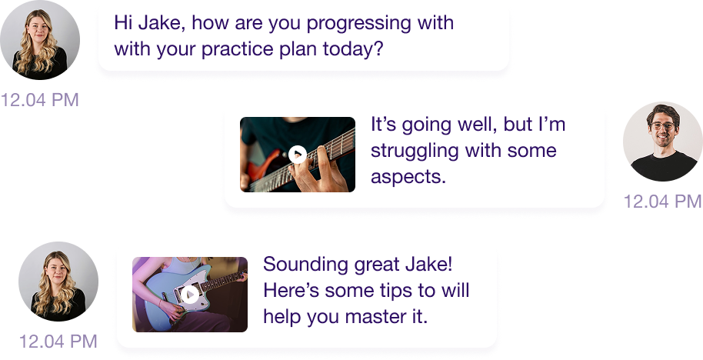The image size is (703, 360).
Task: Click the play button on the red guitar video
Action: [297, 155]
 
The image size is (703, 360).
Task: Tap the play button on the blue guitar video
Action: [190, 295]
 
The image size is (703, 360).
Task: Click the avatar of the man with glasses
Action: [663, 142]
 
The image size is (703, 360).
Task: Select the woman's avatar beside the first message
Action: [40, 40]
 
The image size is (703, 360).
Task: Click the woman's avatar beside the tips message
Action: [58, 282]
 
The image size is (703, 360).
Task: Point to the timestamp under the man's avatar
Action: [662, 202]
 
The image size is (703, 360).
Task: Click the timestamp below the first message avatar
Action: [40, 99]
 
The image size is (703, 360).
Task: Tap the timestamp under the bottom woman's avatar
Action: [58, 342]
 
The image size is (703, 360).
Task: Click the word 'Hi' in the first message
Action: [123, 22]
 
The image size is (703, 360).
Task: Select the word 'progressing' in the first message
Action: [358, 24]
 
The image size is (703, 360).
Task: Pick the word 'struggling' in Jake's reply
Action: [415, 151]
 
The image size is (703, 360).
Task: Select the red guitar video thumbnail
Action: [298, 155]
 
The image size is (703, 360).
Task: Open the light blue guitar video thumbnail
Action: [190, 295]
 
